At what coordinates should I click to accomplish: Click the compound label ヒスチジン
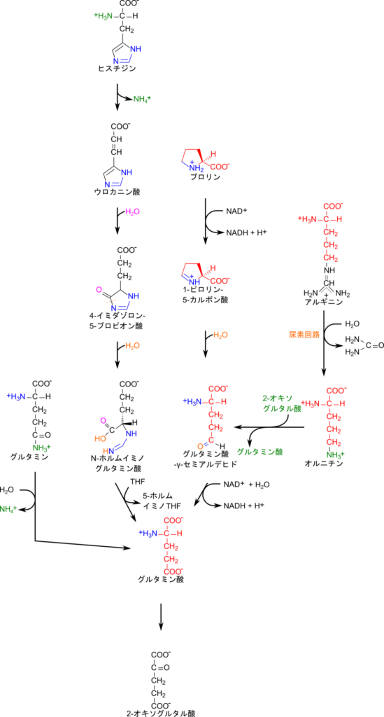117,69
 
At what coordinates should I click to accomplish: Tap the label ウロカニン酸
116,192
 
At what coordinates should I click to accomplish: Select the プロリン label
204,177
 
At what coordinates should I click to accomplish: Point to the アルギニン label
324,302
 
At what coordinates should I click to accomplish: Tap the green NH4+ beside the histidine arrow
142,98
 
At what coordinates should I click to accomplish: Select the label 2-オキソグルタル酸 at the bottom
161,712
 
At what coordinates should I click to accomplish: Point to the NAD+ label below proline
236,211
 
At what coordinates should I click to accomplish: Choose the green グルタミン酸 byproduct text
259,452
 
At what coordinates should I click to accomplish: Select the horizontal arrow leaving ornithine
269,428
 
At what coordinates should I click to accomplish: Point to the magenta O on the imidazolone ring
98,289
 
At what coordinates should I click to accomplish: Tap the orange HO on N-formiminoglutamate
100,438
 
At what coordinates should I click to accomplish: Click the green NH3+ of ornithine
335,454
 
